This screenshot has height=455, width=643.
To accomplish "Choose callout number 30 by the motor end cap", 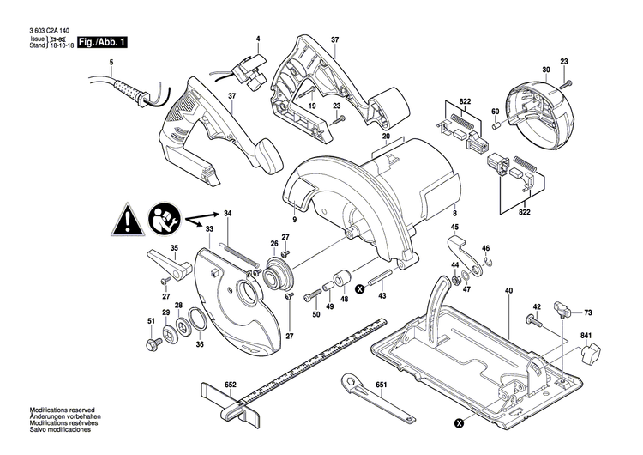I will coord(545,69).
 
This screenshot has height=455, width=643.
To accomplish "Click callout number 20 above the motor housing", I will coord(386,137).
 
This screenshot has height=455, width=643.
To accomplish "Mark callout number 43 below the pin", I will coord(382,296).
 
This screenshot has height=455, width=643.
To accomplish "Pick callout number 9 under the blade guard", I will coord(293,221).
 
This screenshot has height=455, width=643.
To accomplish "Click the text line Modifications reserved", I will coord(61,412).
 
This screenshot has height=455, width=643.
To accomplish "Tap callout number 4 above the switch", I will coord(256,39).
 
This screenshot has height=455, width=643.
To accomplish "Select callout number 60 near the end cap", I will coord(495,112).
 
